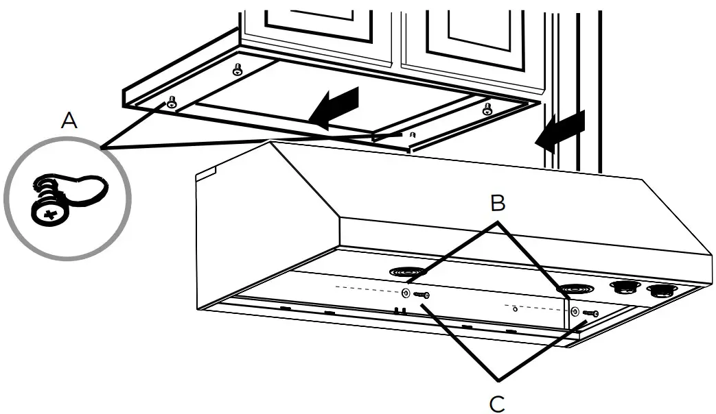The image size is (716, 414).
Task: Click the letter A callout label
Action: pyautogui.click(x=69, y=121)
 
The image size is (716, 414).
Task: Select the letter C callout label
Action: pyautogui.click(x=497, y=403)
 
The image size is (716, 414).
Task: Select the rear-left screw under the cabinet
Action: pyautogui.click(x=238, y=70)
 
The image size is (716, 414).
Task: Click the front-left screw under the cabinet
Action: pyautogui.click(x=171, y=102)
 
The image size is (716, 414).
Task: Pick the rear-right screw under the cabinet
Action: pyautogui.click(x=487, y=108)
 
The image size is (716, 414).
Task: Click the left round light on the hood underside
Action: pyautogui.click(x=408, y=272)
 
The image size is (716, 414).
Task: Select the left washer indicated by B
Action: pyautogui.click(x=406, y=293)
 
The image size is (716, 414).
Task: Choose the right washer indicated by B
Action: pyautogui.click(x=575, y=312)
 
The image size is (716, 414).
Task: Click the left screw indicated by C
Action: pyautogui.click(x=421, y=295)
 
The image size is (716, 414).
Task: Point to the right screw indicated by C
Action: pyautogui.click(x=590, y=313)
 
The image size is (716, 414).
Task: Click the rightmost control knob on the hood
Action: pyautogui.click(x=662, y=291)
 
